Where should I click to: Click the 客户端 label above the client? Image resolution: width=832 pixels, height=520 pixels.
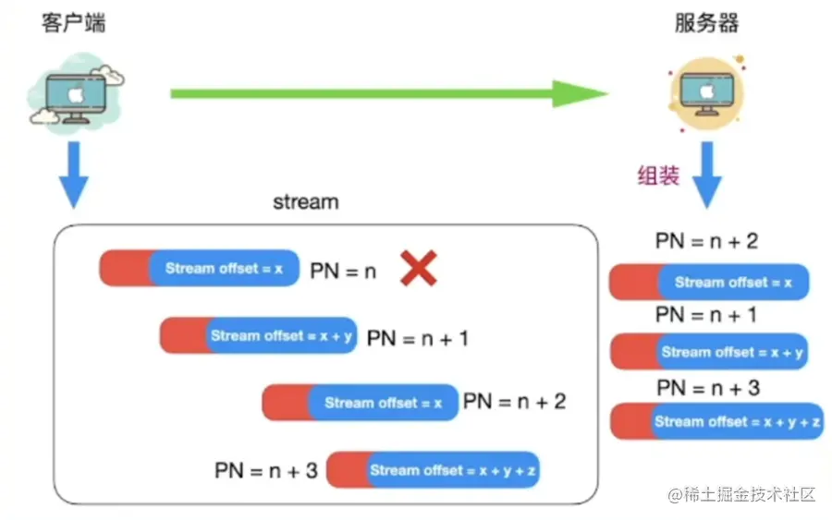(73, 22)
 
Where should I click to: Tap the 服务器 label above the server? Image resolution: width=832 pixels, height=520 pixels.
(706, 23)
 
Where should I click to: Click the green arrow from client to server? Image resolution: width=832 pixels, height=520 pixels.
(388, 92)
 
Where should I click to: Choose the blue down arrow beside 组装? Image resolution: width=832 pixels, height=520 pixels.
(707, 175)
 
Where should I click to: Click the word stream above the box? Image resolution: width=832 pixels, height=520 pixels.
(305, 200)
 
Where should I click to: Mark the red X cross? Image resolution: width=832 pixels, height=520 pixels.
(417, 270)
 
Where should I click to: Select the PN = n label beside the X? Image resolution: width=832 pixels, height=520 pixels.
(343, 272)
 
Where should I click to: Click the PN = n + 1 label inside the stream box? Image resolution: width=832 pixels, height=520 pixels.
(417, 339)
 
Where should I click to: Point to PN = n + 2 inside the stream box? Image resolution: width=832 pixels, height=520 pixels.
(514, 401)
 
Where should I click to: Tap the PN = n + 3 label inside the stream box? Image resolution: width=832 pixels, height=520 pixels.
(266, 471)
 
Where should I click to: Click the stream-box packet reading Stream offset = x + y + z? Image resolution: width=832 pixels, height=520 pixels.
(433, 470)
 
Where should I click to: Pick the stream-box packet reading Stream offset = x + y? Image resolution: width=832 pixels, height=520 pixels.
(258, 335)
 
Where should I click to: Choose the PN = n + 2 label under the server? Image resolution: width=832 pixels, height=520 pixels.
(706, 242)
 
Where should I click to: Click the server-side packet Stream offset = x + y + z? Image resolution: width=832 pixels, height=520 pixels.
(716, 421)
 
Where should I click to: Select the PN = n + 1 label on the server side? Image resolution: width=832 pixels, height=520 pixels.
(706, 315)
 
